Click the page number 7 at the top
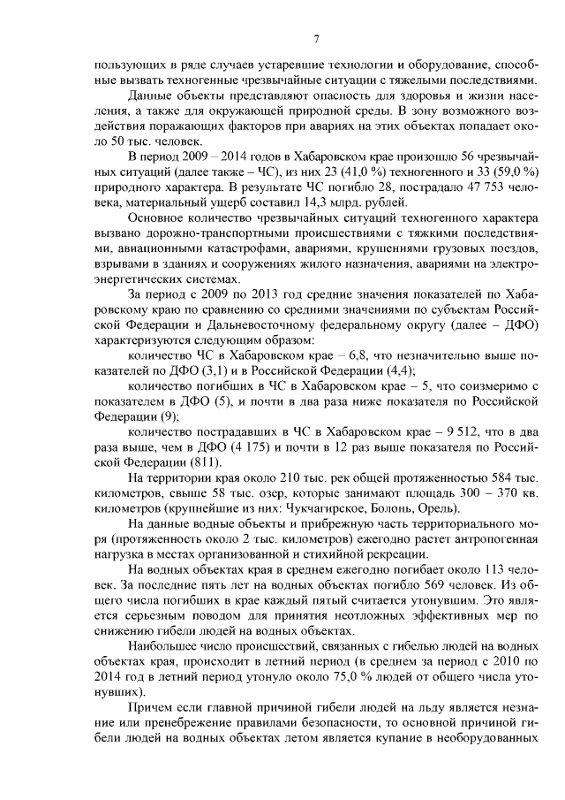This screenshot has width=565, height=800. (x=315, y=38)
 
